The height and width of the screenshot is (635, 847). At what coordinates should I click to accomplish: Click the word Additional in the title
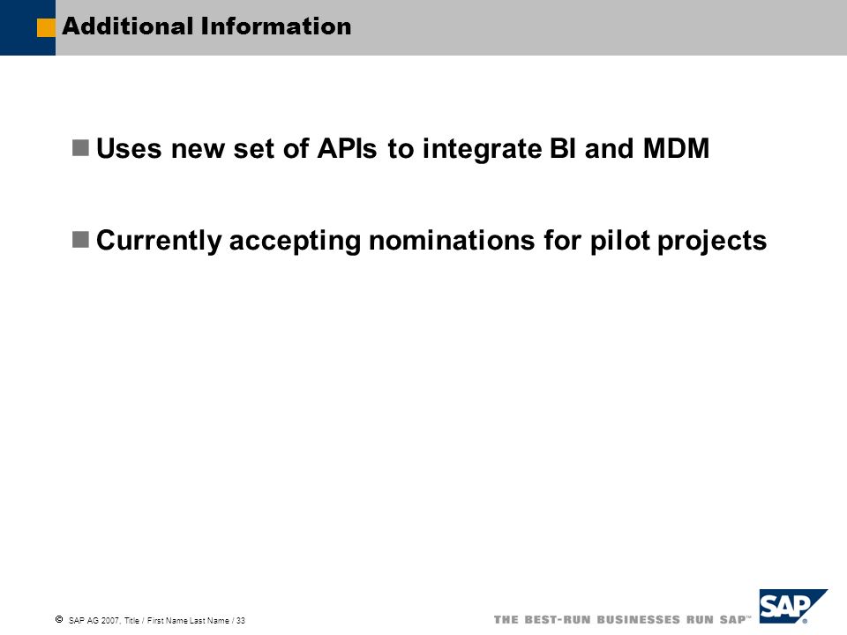(127, 26)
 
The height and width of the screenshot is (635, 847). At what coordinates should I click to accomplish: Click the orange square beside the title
(46, 28)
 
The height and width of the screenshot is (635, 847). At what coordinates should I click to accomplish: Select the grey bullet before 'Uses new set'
(80, 148)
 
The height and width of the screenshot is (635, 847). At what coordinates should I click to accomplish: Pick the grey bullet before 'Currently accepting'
(80, 240)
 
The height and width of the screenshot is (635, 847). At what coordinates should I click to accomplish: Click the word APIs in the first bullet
(347, 148)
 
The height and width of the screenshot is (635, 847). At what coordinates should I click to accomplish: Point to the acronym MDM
(676, 148)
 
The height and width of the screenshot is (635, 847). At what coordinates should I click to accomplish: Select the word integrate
(482, 151)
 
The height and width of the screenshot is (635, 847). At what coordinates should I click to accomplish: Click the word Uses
(129, 148)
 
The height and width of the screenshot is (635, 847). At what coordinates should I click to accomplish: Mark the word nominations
(452, 240)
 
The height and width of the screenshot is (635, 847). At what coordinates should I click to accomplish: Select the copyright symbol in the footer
(59, 619)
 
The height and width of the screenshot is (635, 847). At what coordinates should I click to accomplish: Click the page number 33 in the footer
(241, 621)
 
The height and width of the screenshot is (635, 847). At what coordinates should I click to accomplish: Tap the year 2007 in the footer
(112, 621)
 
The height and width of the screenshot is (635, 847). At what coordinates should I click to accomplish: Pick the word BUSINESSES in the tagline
(638, 619)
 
